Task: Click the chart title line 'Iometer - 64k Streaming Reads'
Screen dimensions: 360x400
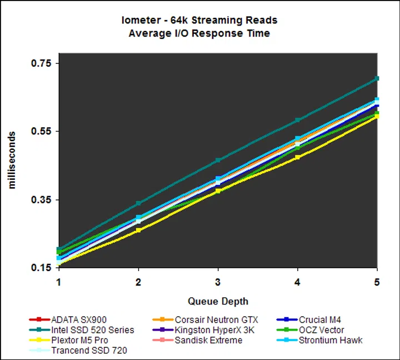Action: point(199,21)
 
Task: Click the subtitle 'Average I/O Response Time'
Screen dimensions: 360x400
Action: point(199,33)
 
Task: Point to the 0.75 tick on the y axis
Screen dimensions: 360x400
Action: point(41,63)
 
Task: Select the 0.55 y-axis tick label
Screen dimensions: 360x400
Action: point(41,132)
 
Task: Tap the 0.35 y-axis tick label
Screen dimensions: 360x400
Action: point(41,199)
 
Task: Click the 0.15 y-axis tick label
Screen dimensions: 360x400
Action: point(41,268)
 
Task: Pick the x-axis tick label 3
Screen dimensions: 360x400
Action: point(218,282)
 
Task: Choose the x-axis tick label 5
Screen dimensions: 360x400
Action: point(377,282)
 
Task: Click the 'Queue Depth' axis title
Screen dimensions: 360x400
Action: point(218,302)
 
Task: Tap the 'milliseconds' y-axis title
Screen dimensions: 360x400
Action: point(12,160)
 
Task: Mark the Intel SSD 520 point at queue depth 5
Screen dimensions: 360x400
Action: point(377,79)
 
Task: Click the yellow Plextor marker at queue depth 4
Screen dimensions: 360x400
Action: point(297,157)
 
